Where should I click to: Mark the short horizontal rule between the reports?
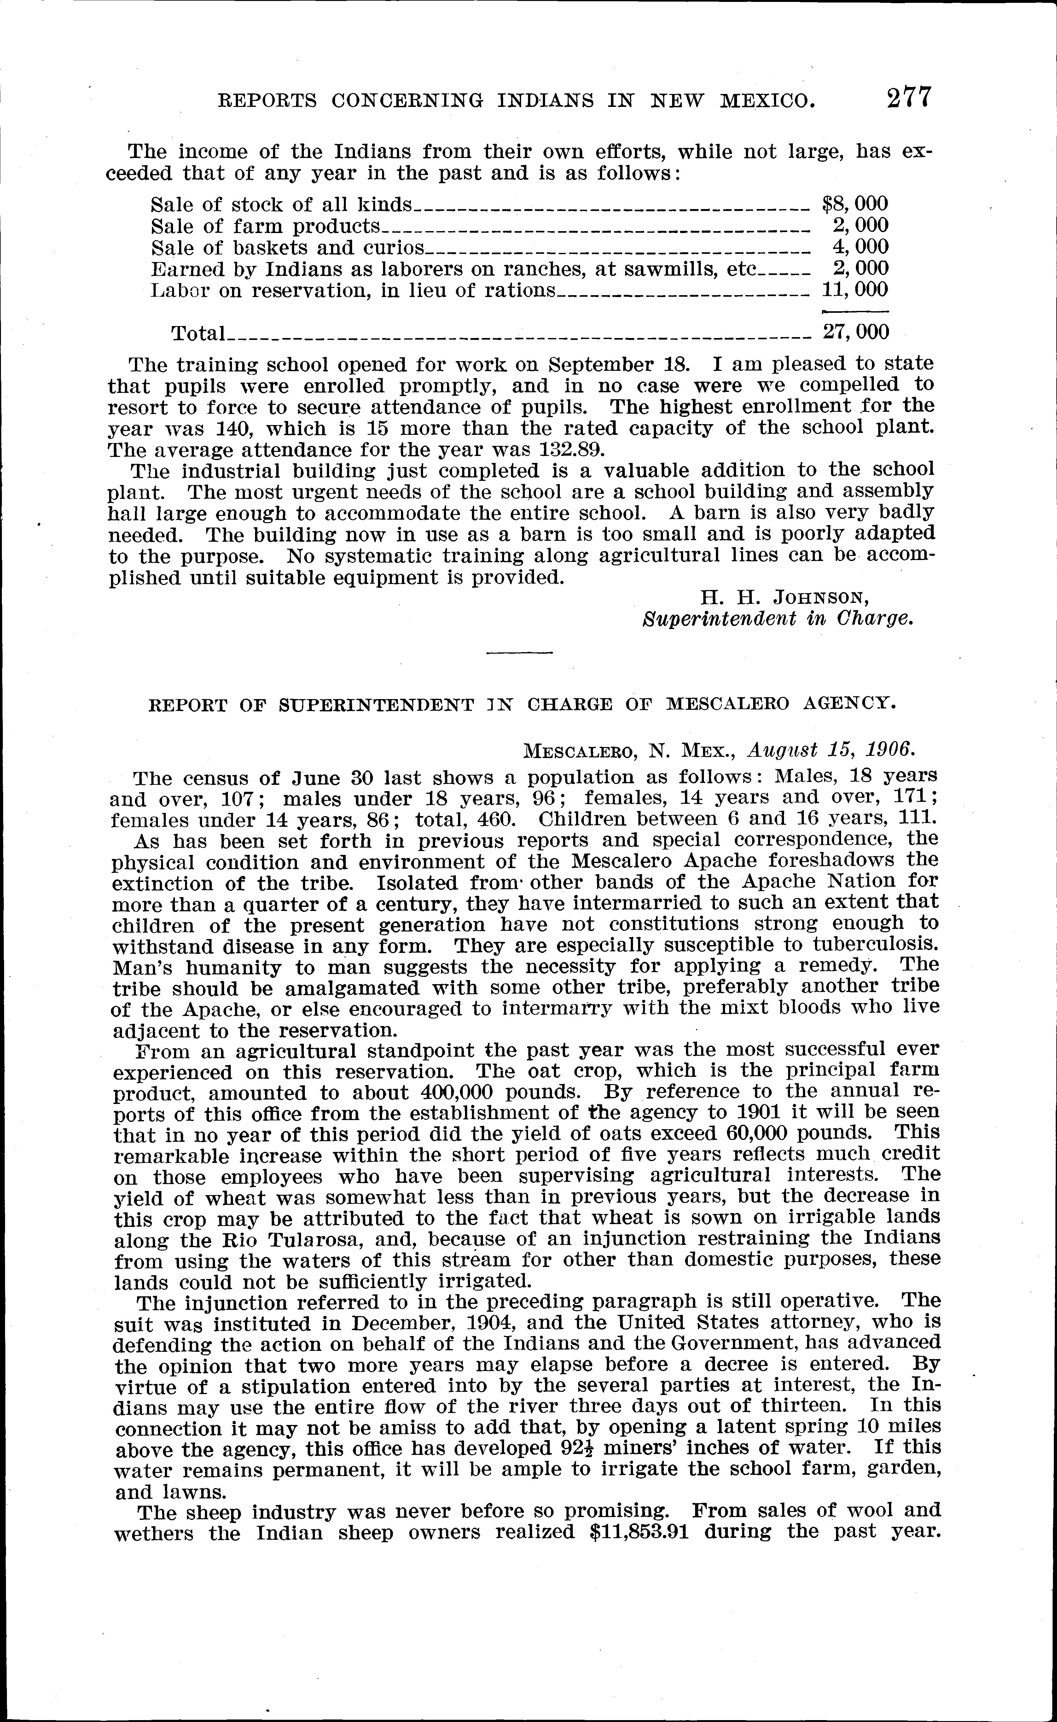click(519, 653)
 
